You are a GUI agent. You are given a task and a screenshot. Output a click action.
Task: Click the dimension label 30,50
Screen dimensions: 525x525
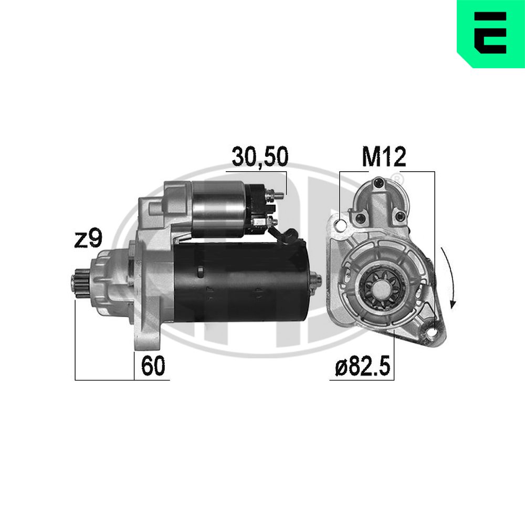(260, 156)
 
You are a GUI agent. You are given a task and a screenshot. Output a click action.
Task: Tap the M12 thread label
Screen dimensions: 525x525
(384, 156)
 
